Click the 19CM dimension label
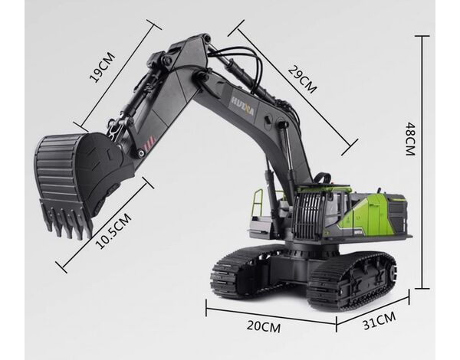(x=103, y=67)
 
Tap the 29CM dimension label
(x=303, y=79)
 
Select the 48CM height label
(x=411, y=139)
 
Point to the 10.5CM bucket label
(x=113, y=231)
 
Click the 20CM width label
(x=264, y=326)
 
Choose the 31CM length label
(x=379, y=320)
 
